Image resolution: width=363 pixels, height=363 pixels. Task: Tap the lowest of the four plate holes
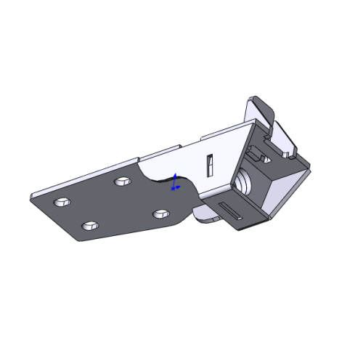89,228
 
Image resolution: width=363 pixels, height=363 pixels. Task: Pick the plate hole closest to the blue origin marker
161,213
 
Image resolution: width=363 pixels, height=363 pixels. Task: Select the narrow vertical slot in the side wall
209,166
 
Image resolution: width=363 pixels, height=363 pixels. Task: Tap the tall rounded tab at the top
262,113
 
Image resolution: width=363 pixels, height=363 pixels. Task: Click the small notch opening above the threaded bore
257,154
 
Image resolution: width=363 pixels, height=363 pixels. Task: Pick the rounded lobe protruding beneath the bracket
207,214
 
